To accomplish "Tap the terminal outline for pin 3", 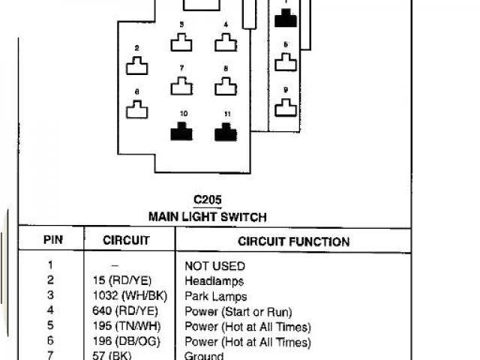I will pos(181,43).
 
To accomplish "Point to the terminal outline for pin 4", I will pos(225,43).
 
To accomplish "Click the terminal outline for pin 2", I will pos(136,67).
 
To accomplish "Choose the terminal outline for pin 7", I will pos(181,87).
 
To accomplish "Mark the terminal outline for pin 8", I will pos(225,87).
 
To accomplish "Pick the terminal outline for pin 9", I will pos(285,109).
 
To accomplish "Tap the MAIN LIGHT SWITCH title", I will pos(206,217).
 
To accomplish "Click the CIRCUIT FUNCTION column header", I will pos(293,241).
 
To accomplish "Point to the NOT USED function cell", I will pos(214,265).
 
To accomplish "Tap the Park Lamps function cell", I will pos(215,296).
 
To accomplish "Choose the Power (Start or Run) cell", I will pos(238,311).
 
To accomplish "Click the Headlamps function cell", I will pos(214,280).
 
